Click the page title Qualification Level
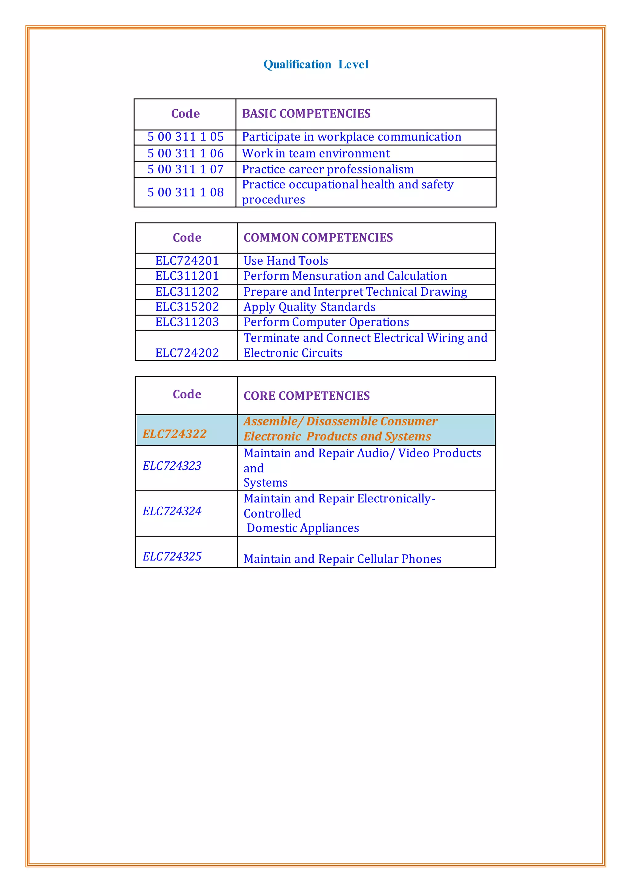tap(315, 64)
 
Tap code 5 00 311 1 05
tap(185, 137)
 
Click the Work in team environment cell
tap(315, 153)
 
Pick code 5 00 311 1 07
tap(185, 169)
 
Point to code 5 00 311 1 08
tap(185, 192)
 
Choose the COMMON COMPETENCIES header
tap(318, 237)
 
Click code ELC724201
tap(187, 261)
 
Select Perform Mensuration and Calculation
tap(345, 276)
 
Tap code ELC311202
tap(187, 292)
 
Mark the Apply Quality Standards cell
tap(309, 307)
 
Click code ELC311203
tap(187, 322)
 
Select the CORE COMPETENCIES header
tap(306, 395)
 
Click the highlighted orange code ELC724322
tap(174, 434)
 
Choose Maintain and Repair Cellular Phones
tap(342, 559)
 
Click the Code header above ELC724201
tap(187, 237)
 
